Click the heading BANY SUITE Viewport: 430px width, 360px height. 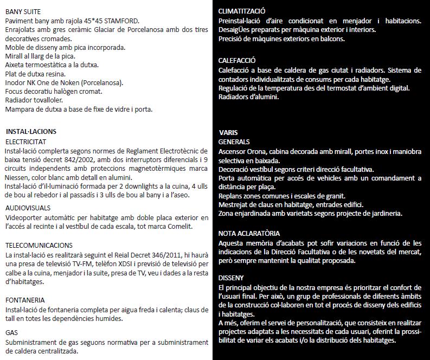(23, 11)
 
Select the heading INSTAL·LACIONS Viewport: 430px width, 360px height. (31, 132)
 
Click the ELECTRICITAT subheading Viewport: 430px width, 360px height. (25, 142)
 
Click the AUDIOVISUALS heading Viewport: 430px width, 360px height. (28, 208)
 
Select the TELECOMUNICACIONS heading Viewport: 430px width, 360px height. (39, 246)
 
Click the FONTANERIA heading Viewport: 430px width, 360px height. (25, 300)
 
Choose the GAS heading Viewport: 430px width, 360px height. (11, 332)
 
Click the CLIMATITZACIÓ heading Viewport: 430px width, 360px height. (242, 11)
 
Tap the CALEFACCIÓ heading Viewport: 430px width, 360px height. (237, 61)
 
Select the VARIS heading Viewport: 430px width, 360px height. (228, 133)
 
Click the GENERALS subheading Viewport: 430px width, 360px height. (234, 142)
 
